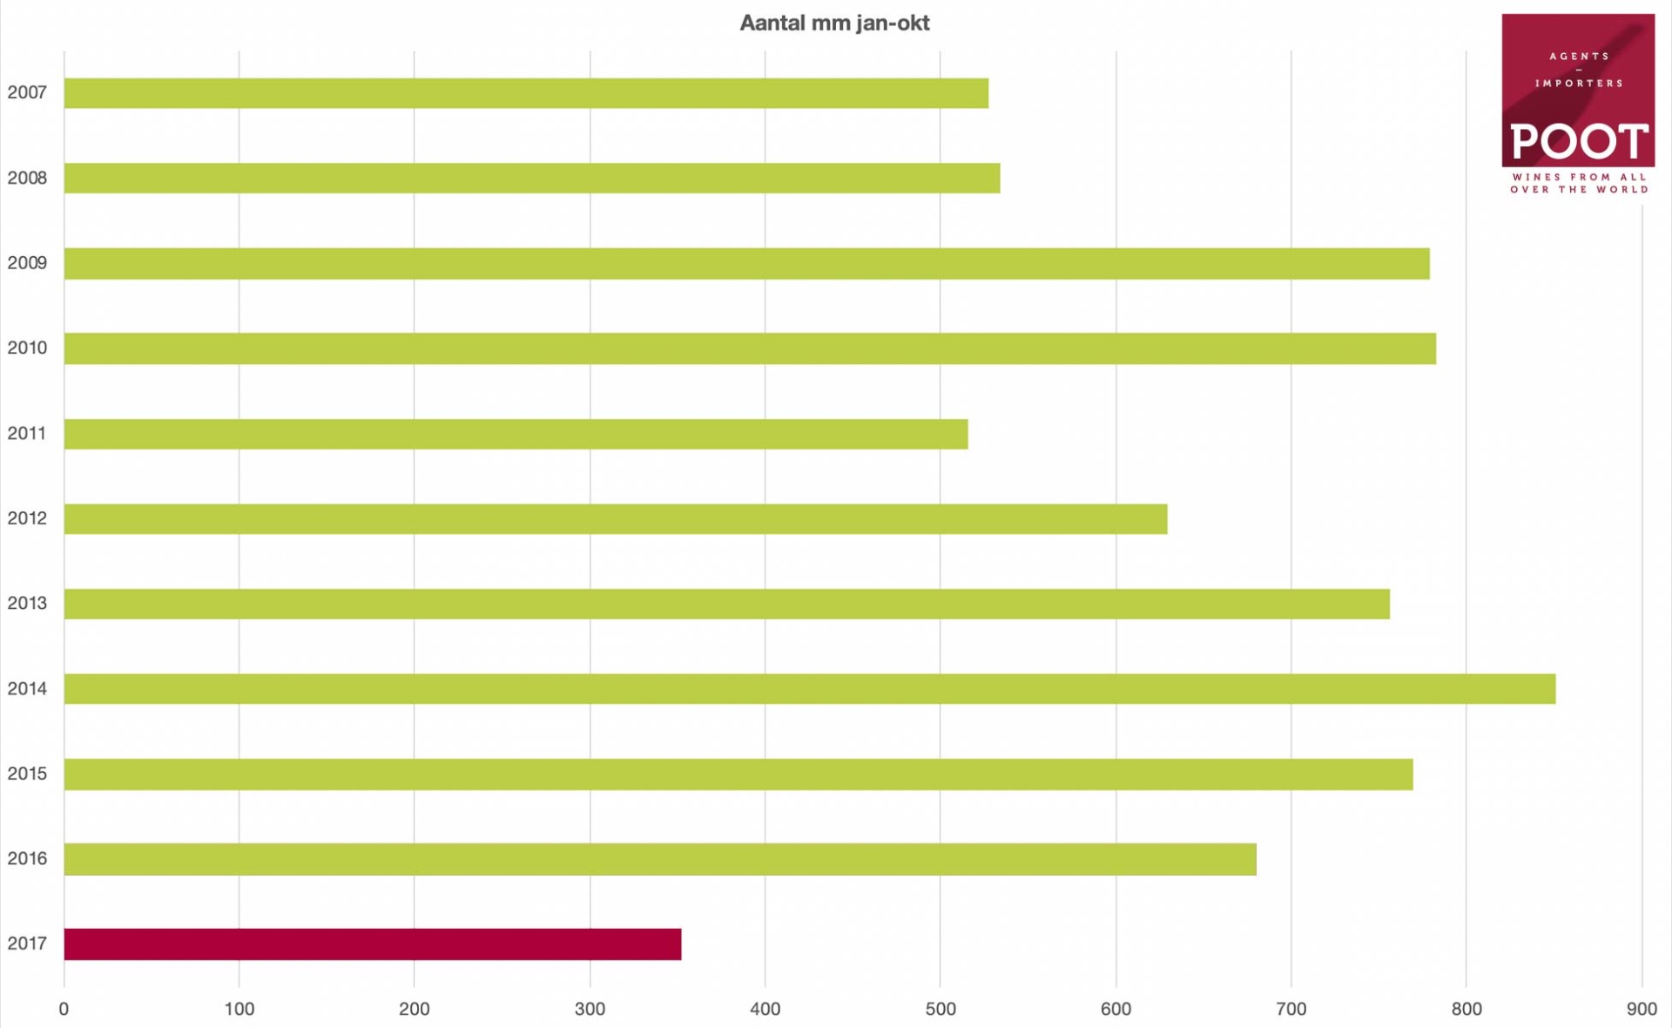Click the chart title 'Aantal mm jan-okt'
pos(834,24)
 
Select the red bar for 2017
pos(373,944)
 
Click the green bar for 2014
pos(810,689)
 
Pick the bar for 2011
pos(516,434)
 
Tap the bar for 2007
pos(526,93)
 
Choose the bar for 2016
pos(660,859)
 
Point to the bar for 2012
pos(616,519)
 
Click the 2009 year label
pos(27,263)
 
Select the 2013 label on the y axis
pos(27,604)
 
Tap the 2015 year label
pos(27,774)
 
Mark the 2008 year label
pos(27,178)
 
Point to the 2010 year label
pos(27,348)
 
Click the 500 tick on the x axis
pos(940,1009)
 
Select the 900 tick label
pos(1642,1009)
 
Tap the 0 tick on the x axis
pos(64,1009)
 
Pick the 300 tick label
pos(590,1009)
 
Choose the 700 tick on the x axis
pos(1291,1009)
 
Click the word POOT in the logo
pos(1578,141)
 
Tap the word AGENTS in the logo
pos(1579,57)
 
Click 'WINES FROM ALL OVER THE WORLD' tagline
pos(1579,183)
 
